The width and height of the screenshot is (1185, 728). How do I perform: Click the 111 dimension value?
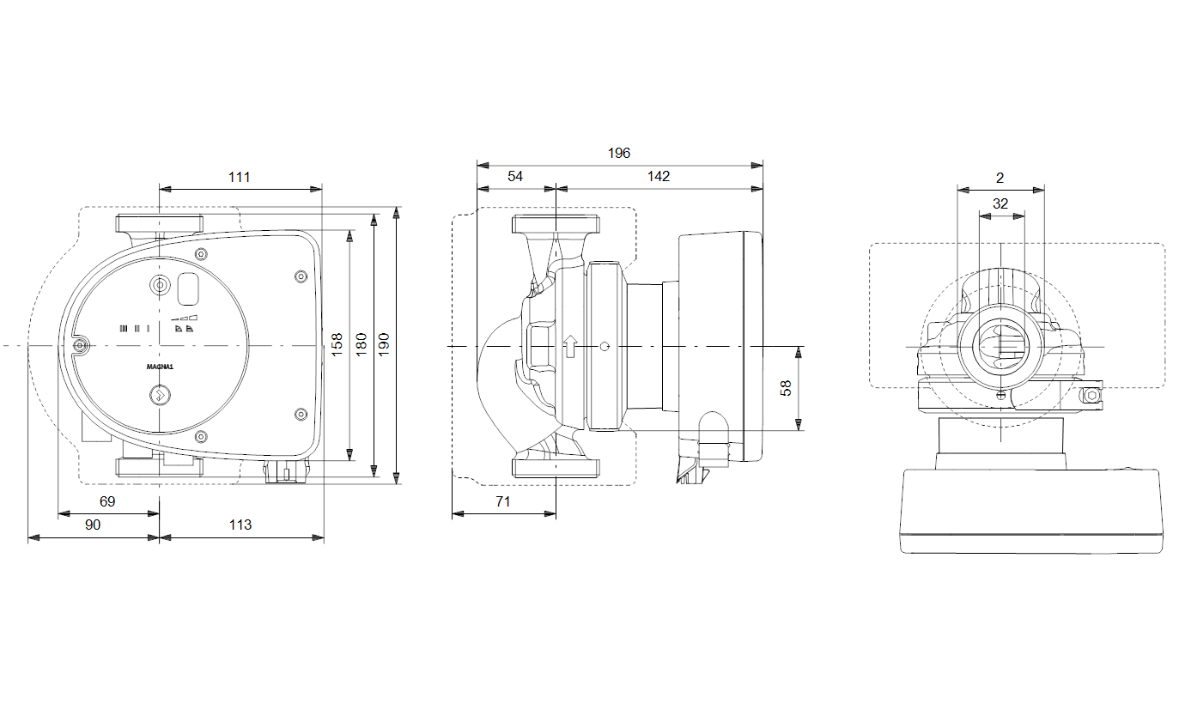[239, 177]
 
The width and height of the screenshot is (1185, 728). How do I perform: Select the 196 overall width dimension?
[619, 154]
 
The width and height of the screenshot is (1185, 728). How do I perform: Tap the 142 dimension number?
[659, 177]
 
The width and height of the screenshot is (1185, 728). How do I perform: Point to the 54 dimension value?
[515, 177]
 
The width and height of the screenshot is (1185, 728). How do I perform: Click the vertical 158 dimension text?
[337, 344]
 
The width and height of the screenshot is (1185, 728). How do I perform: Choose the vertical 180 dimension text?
[362, 344]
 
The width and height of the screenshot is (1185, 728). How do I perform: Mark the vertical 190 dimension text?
[384, 344]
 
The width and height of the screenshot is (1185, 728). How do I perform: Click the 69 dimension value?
[107, 501]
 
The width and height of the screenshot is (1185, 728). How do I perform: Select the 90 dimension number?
[93, 525]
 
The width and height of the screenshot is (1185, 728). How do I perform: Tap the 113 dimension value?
[240, 525]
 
